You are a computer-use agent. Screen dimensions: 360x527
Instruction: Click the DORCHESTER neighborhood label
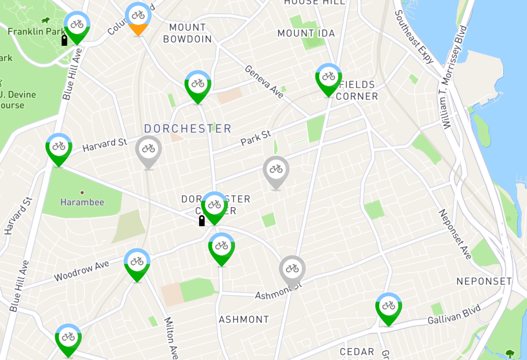[x=188, y=129]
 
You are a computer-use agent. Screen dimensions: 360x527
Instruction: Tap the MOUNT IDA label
[x=306, y=33]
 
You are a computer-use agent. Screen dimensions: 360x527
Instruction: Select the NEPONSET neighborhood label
[x=484, y=281]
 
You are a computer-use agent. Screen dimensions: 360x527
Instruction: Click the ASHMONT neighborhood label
[x=244, y=319]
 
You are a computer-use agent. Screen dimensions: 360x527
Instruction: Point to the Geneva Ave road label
[x=264, y=82]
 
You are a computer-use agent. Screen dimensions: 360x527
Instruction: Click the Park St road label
[x=256, y=138]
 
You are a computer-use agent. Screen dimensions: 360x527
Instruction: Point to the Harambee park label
[x=82, y=202]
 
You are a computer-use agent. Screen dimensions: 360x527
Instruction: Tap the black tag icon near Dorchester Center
[x=202, y=221]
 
